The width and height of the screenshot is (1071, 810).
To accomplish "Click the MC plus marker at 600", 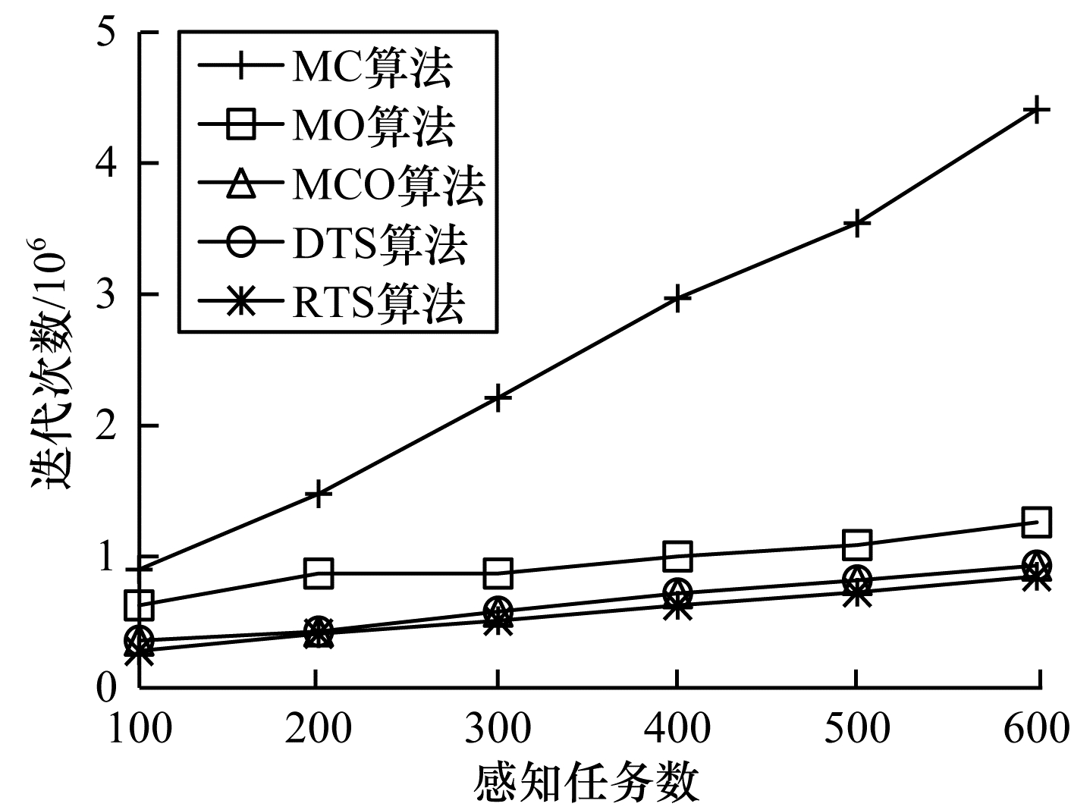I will coord(1036,111).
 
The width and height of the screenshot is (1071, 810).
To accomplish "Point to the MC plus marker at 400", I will coord(677,298).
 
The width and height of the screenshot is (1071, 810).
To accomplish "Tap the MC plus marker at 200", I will coord(319,494).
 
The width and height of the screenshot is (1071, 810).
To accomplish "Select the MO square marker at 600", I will coord(1036,522).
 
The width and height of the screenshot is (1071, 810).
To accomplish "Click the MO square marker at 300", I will coord(498,574).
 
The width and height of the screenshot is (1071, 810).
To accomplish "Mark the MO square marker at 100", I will coord(140,604).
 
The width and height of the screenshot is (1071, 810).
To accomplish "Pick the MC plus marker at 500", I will coord(856,223).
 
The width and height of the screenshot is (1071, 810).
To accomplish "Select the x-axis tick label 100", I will coord(140,729).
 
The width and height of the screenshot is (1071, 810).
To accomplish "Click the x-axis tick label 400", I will coord(677,729).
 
